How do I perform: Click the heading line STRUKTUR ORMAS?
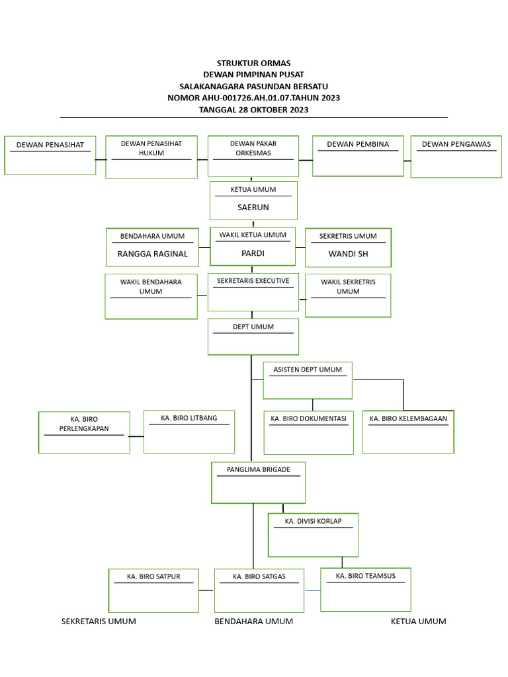(253, 63)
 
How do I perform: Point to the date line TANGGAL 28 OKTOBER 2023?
(253, 110)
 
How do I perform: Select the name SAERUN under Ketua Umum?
(253, 207)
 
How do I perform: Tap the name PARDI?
(253, 253)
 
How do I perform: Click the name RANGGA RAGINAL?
(152, 254)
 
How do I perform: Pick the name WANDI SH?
(348, 254)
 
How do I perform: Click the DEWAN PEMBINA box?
(358, 156)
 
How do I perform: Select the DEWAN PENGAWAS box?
(456, 157)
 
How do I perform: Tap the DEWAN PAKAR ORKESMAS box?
(253, 156)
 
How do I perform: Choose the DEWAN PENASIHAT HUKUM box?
(151, 157)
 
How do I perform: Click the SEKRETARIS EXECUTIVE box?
(253, 292)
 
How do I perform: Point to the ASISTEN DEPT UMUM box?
(308, 380)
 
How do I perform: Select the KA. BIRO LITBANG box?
(189, 431)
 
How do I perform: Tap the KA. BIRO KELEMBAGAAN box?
(408, 432)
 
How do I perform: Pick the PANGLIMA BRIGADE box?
(258, 483)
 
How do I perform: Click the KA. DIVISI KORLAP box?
(313, 534)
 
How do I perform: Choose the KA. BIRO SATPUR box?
(153, 590)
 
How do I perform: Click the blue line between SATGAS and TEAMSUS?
(312, 589)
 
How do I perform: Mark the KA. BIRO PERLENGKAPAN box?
(84, 432)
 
